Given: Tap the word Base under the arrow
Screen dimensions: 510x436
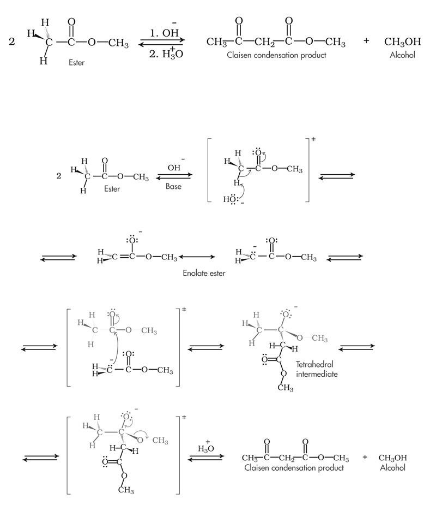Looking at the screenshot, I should [173, 186].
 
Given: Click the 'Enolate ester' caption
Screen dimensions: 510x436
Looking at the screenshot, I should [204, 274].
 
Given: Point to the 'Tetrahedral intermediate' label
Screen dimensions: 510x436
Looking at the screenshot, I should [317, 369].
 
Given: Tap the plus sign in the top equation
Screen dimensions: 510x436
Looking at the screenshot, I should [366, 41].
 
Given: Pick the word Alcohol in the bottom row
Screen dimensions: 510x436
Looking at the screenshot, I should [392, 468].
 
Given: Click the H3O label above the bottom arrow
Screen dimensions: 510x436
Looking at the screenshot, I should [205, 448].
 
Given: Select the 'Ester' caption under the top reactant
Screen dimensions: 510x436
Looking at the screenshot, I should [77, 63].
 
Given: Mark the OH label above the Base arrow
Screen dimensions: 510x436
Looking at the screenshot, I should [174, 167].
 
